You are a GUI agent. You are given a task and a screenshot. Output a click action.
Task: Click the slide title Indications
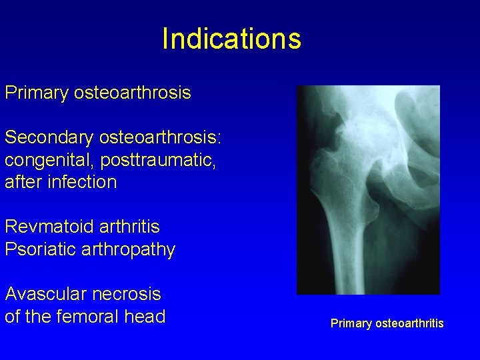231,39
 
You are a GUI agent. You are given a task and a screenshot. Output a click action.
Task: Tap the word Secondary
49,137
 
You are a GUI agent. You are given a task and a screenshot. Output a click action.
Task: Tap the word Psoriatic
41,250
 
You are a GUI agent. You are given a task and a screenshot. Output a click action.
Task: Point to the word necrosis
128,294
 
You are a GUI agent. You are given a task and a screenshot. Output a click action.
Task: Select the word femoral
90,317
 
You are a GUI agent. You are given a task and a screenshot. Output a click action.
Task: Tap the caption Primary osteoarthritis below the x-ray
387,324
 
